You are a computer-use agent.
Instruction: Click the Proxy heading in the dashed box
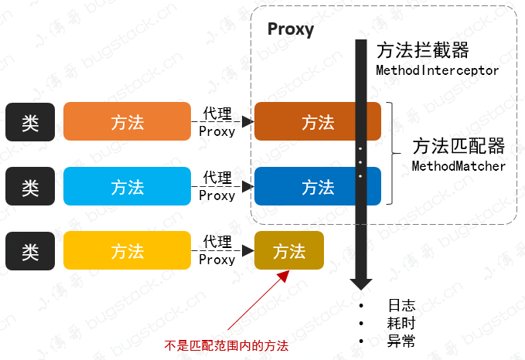pyautogui.click(x=291, y=30)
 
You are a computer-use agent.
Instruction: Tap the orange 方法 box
pyautogui.click(x=127, y=121)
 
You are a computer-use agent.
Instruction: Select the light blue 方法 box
pyautogui.click(x=127, y=186)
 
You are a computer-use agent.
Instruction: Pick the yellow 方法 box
pyautogui.click(x=127, y=250)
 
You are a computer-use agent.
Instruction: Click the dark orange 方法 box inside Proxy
pyautogui.click(x=318, y=121)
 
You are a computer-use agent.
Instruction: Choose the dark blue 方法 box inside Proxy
pyautogui.click(x=318, y=186)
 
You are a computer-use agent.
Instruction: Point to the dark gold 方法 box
pyautogui.click(x=289, y=250)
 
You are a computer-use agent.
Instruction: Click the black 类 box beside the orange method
pyautogui.click(x=30, y=121)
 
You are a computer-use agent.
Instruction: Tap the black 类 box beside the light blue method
pyautogui.click(x=30, y=186)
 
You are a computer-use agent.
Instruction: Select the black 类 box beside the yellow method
pyautogui.click(x=30, y=250)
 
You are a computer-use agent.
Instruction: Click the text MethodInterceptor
pyautogui.click(x=437, y=70)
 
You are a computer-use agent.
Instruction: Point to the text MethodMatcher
pyautogui.click(x=459, y=166)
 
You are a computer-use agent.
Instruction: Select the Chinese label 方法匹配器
pyautogui.click(x=459, y=146)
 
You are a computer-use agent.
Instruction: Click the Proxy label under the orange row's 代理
pyautogui.click(x=216, y=131)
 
